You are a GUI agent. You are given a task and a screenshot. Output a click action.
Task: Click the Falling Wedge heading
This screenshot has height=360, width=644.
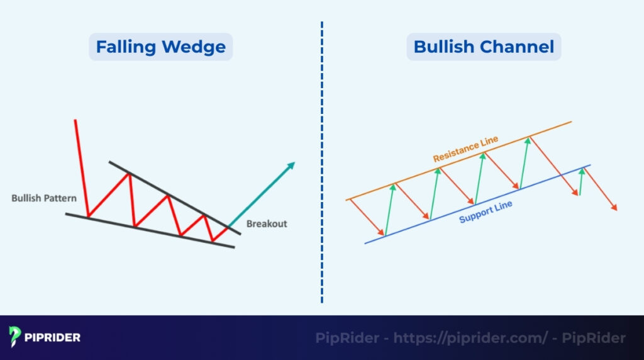click(x=160, y=47)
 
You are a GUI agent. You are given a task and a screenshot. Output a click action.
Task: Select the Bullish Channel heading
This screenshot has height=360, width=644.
click(x=484, y=47)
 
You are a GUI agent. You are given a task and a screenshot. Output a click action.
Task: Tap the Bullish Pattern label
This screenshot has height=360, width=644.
click(x=44, y=198)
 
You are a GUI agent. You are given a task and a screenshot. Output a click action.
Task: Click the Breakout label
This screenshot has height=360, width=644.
click(x=267, y=223)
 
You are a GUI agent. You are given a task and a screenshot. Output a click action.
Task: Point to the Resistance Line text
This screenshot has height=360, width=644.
click(x=465, y=149)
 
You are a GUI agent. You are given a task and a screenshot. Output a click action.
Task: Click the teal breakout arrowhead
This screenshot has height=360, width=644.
click(x=291, y=165)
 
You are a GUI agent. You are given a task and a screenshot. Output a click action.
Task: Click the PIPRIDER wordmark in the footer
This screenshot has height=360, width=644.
click(x=53, y=337)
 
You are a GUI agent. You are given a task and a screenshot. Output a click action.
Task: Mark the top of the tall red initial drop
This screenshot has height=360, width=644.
click(x=75, y=120)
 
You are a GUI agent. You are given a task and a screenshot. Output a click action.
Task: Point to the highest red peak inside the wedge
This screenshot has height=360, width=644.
click(x=130, y=174)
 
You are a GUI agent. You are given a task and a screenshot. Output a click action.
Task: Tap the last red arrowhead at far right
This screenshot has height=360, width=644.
click(x=615, y=208)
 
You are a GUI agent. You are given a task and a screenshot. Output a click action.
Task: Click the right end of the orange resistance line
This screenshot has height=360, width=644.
click(x=570, y=121)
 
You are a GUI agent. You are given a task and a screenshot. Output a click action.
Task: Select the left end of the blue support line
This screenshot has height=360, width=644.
click(x=366, y=243)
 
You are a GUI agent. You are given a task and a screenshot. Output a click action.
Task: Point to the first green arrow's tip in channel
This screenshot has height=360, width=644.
click(x=394, y=186)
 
